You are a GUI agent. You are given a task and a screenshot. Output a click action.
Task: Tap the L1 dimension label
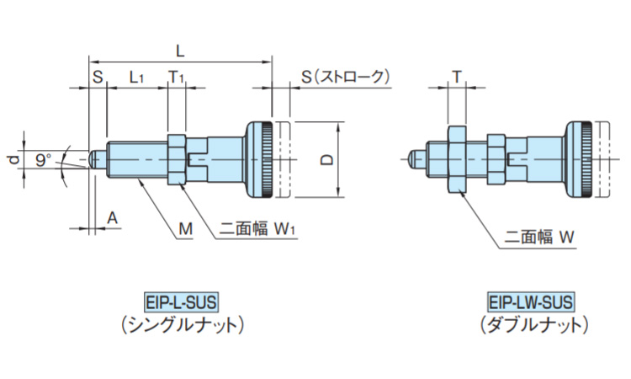pos(136,77)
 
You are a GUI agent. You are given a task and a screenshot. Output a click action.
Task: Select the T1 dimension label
pos(177,77)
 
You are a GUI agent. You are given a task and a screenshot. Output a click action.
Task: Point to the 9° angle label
pos(44,157)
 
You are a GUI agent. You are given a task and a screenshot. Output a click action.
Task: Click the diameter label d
pos(12,157)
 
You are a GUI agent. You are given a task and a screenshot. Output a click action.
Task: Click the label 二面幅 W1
pos(255,227)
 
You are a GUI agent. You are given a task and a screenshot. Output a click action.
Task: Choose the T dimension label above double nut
pos(456,77)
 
